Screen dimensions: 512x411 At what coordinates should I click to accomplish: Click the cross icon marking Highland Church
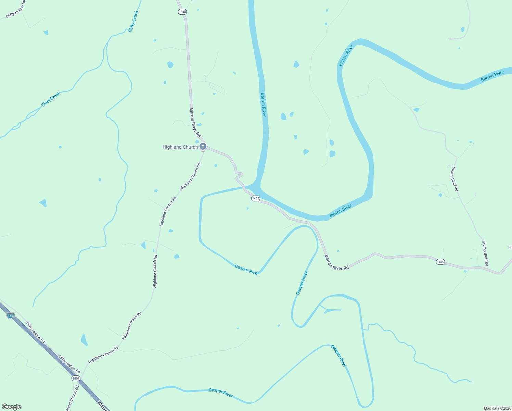coord(203,147)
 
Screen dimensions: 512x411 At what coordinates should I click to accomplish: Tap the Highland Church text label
coord(180,147)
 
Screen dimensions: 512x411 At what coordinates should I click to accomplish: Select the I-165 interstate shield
coord(11,315)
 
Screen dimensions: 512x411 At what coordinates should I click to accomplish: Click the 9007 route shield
coord(76,378)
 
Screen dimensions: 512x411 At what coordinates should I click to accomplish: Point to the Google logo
coord(11,407)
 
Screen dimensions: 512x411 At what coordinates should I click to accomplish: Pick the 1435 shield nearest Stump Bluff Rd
coord(440,262)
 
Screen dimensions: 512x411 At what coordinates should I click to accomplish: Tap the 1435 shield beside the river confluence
coord(255,198)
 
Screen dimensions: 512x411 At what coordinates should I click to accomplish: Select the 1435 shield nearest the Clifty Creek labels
coord(182,12)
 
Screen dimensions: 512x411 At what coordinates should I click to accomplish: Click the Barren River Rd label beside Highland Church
coord(195,123)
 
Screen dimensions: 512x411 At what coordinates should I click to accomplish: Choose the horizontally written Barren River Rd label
coord(337,263)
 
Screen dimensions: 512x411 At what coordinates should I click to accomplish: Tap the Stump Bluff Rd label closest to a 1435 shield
coord(485,253)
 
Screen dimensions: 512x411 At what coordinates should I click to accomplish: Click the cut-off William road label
coord(102,406)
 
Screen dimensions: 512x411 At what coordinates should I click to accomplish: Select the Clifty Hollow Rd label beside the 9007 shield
coord(69,364)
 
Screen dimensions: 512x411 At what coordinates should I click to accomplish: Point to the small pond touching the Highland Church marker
coord(197,141)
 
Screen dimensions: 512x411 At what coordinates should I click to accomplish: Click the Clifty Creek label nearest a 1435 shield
coord(133,21)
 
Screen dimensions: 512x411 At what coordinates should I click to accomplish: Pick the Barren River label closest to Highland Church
coord(263,104)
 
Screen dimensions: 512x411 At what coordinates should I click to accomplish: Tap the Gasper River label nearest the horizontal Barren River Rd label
coord(302,283)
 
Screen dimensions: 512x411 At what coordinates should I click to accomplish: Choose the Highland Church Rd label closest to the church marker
coord(190,176)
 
